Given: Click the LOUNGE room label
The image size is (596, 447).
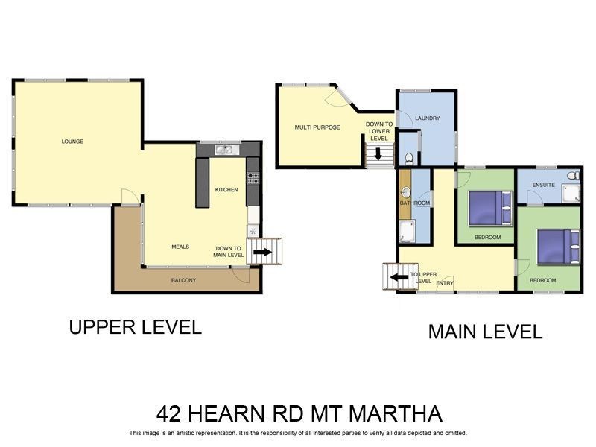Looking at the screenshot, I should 72,141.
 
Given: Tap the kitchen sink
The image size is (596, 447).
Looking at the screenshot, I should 225,150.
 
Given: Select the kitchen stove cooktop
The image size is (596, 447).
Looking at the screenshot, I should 253,178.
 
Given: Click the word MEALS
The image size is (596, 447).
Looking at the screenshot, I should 180,247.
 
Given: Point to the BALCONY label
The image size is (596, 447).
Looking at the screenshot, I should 183,280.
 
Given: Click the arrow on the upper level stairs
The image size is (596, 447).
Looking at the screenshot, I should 262,252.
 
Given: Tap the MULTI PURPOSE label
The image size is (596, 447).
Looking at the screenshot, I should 317,127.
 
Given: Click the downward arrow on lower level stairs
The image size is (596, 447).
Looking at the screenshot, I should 378,153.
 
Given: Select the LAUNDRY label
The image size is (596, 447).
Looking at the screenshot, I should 428,118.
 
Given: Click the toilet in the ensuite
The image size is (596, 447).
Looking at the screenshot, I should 572,176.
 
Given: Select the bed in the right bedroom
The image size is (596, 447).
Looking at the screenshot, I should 557,246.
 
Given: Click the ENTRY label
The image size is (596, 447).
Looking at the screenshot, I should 445,282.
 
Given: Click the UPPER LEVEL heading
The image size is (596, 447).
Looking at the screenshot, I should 135,327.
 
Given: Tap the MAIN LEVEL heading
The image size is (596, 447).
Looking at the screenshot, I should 484,332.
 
